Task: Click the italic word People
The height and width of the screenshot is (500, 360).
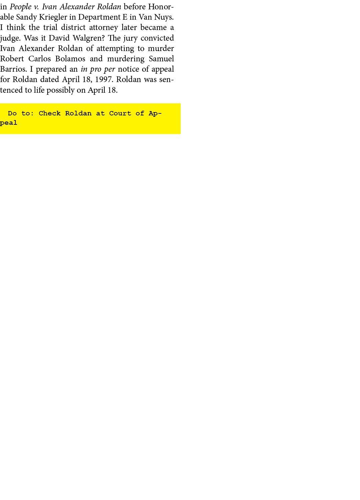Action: click(21, 7)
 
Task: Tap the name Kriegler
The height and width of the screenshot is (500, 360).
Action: click(53, 17)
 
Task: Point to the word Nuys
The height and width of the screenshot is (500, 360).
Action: click(164, 17)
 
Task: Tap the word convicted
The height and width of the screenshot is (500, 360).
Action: click(157, 38)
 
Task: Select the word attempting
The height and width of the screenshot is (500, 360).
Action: click(115, 49)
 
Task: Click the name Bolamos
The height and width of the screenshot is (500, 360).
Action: click(70, 59)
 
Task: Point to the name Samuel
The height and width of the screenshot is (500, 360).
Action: click(161, 59)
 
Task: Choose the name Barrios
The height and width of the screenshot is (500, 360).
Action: click(13, 69)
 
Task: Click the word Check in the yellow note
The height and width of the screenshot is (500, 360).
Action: click(50, 113)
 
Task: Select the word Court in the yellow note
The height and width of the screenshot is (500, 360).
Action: click(120, 113)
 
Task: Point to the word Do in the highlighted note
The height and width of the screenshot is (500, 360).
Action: click(12, 113)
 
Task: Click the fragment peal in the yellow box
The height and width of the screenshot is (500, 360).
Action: click(8, 123)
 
